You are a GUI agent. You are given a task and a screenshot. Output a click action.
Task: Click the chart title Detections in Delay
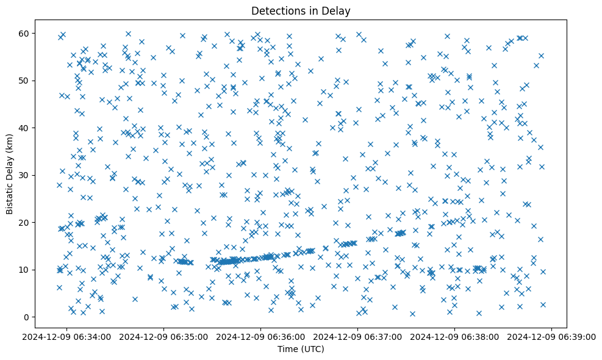(x=301, y=10)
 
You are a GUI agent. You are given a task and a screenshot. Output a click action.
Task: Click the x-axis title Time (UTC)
(x=301, y=349)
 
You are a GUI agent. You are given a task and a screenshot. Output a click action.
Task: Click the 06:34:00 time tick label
(x=67, y=336)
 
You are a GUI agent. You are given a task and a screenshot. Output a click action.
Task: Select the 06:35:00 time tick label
(x=164, y=336)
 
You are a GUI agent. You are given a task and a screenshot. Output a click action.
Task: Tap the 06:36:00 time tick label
(x=261, y=336)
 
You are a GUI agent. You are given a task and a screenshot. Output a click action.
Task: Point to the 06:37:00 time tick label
(x=358, y=336)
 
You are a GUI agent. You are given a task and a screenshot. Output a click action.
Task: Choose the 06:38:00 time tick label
(x=455, y=336)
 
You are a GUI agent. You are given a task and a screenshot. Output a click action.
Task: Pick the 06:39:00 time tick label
(x=552, y=336)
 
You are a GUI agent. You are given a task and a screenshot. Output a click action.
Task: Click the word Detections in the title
(x=274, y=10)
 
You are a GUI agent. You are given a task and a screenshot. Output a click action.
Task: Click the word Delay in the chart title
(x=339, y=10)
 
